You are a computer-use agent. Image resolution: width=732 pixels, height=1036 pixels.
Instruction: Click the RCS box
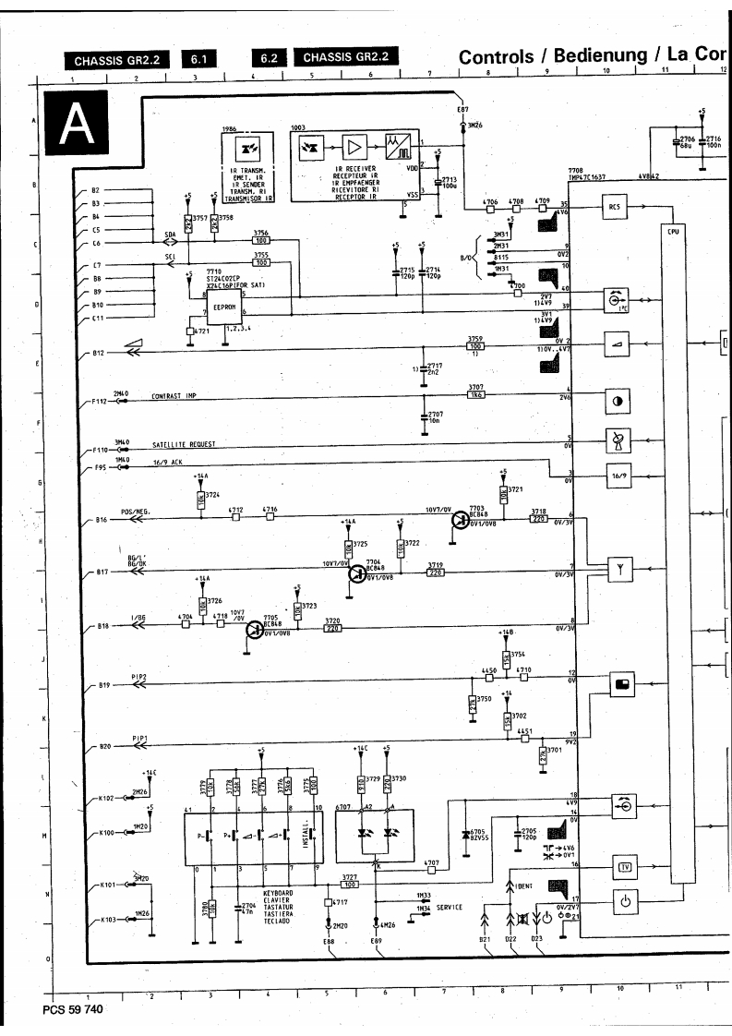pos(614,209)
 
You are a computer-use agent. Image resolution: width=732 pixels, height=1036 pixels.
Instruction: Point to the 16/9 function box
pos(614,478)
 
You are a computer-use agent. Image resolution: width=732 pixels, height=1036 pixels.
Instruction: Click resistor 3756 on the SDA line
pos(260,240)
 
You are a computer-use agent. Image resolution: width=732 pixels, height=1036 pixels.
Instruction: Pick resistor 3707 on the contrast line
pos(476,394)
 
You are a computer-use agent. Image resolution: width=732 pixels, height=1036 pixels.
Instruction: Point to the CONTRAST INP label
pos(175,394)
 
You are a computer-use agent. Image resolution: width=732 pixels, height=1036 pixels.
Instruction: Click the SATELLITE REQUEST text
pos(184,445)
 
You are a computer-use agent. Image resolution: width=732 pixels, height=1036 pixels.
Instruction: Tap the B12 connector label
pos(101,353)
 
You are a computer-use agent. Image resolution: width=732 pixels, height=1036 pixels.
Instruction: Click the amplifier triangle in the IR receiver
pos(354,147)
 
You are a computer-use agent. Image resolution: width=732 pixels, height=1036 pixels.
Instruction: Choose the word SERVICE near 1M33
pos(450,908)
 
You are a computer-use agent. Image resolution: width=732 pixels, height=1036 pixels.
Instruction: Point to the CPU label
pos(673,232)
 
